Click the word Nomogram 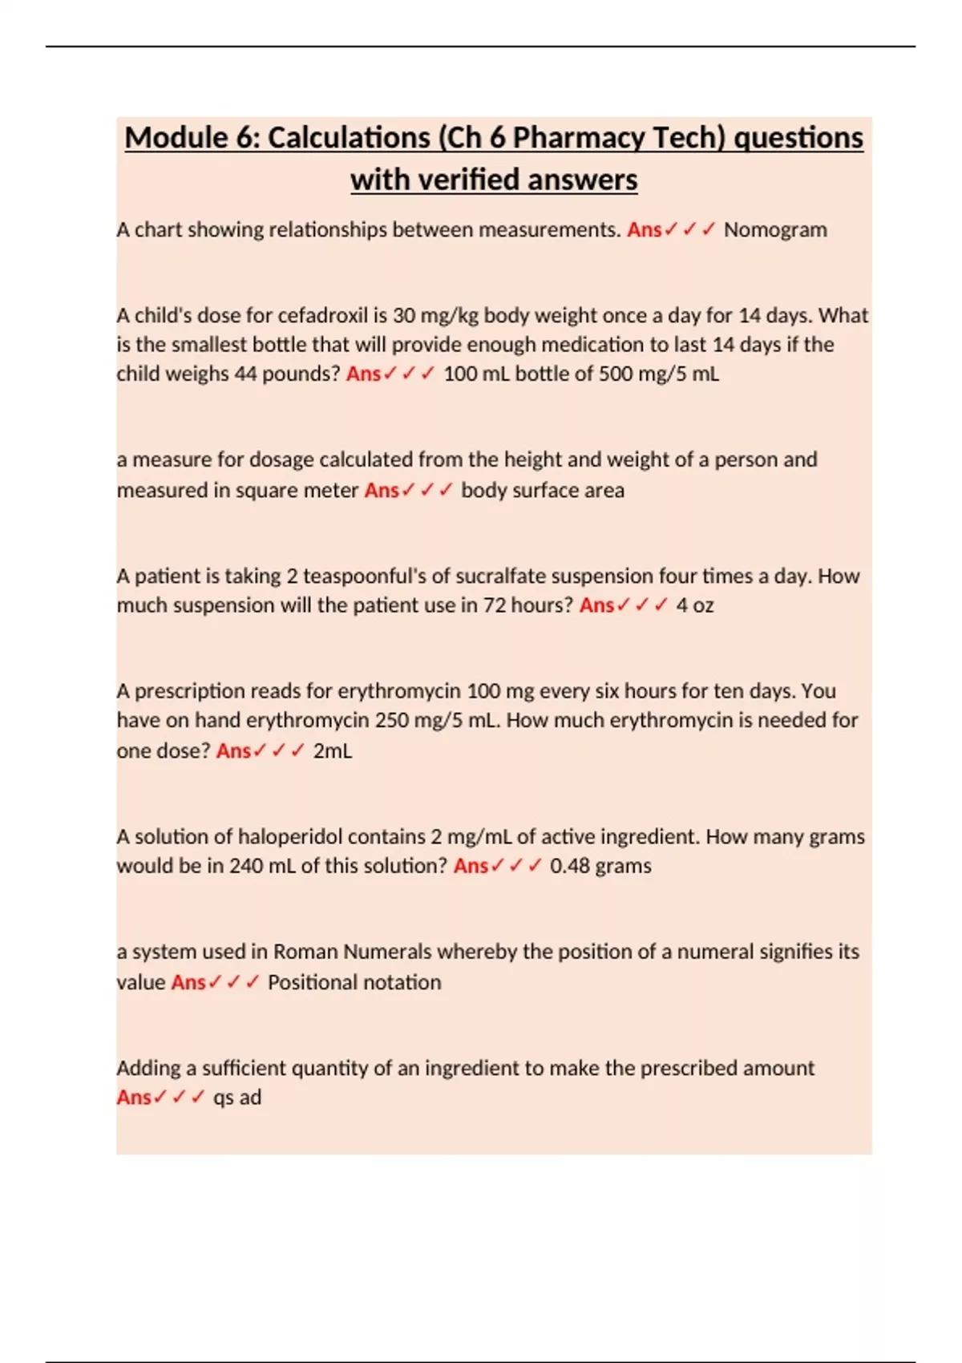[x=774, y=230]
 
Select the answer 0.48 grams [x=600, y=866]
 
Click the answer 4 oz [x=694, y=605]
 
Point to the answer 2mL [x=332, y=751]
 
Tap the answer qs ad [x=236, y=1098]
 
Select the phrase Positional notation [x=354, y=982]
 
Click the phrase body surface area [x=542, y=491]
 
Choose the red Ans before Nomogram [x=644, y=230]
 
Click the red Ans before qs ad [x=133, y=1098]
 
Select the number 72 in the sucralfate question [x=494, y=605]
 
